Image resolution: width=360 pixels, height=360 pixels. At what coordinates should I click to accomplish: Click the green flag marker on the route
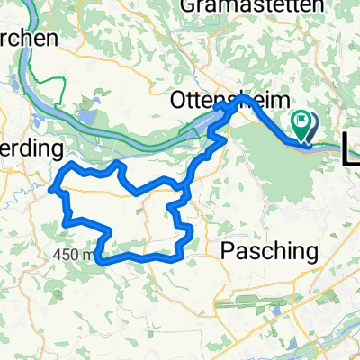302,126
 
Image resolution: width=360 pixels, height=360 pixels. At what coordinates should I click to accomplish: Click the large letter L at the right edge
352,146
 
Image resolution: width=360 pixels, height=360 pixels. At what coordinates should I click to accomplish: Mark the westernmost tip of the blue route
52,187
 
